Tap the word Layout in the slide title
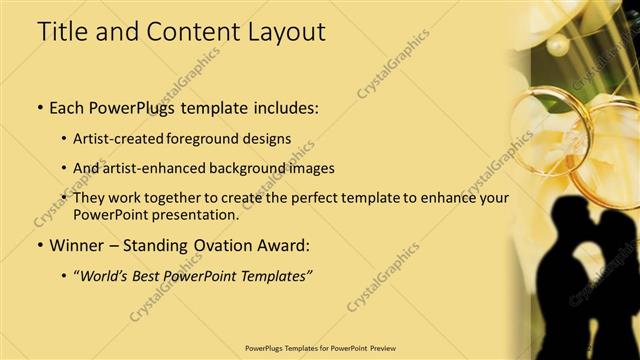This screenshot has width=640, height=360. click(x=282, y=32)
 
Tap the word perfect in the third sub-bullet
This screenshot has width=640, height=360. click(x=310, y=198)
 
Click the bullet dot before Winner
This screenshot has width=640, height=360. click(x=40, y=245)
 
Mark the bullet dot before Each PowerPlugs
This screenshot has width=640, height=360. click(x=40, y=106)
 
